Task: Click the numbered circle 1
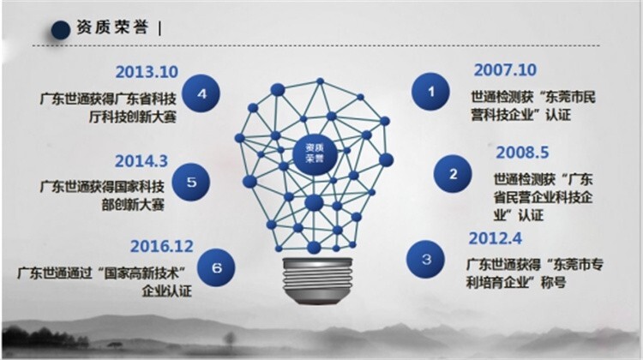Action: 430,92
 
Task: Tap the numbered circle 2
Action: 453,174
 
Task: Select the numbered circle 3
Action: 425,259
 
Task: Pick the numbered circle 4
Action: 201,93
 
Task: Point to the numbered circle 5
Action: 191,182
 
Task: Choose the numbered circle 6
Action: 216,267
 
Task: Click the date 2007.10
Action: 505,70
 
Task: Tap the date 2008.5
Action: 522,153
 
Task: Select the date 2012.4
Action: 496,238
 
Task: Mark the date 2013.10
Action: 147,72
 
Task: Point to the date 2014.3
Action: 141,161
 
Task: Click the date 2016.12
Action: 161,246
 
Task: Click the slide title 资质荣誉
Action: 112,27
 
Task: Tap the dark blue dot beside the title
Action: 61,29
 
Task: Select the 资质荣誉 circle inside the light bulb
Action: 315,153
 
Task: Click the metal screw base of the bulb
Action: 317,281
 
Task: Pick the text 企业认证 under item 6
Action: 167,291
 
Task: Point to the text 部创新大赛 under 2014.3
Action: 133,204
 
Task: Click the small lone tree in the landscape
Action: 229,339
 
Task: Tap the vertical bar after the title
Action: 159,28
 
